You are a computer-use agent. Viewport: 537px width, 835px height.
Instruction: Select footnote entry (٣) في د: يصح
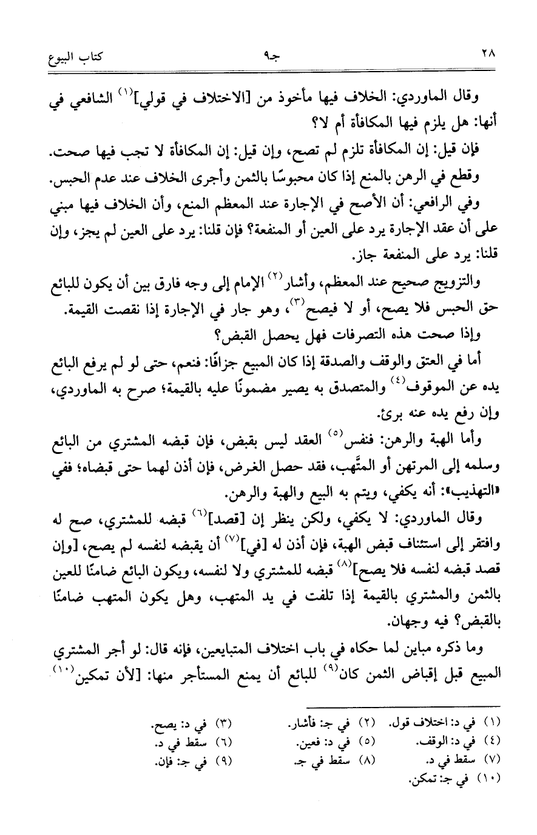(194, 724)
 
